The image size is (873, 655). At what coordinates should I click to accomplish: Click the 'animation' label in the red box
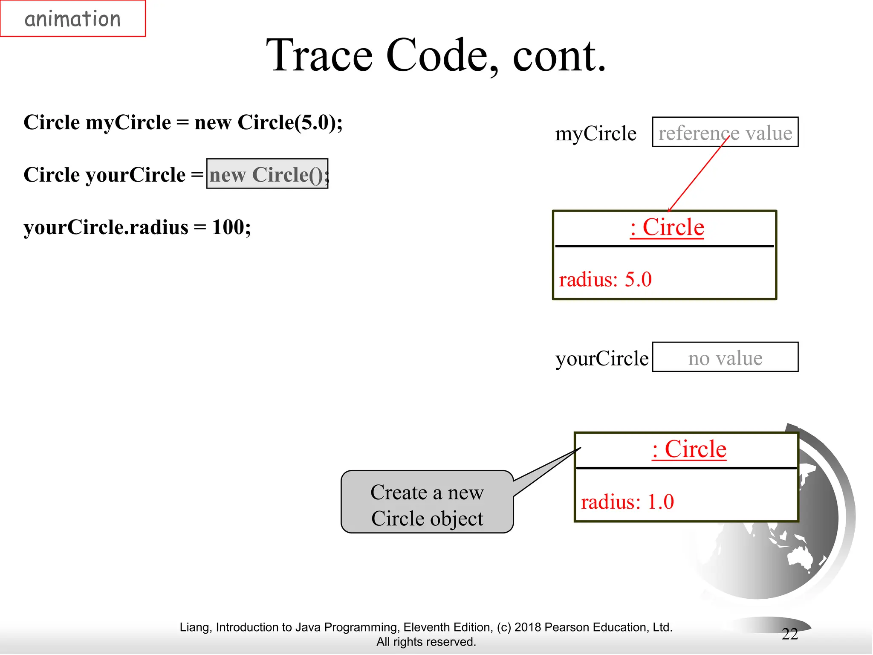click(72, 19)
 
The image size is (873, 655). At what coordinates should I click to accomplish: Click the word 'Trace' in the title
click(319, 55)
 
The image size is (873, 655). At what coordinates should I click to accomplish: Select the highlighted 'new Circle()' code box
click(267, 174)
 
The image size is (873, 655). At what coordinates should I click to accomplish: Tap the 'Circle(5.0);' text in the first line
click(290, 122)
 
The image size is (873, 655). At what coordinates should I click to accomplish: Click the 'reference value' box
click(725, 133)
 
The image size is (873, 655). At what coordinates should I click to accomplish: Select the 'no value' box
click(725, 357)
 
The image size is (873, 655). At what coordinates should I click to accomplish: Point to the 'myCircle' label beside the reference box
click(595, 133)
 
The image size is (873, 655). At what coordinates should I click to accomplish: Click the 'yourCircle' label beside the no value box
click(601, 358)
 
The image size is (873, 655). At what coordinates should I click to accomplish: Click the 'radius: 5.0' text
click(605, 280)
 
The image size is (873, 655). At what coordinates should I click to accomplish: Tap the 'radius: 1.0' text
click(627, 502)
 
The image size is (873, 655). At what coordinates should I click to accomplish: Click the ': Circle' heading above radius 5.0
click(667, 227)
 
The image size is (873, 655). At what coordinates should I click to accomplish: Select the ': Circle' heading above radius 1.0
click(689, 449)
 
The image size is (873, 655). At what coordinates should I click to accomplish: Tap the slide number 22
click(789, 634)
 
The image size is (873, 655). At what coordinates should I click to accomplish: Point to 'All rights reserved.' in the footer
click(426, 642)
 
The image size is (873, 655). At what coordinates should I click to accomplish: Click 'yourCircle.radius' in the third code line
click(106, 227)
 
